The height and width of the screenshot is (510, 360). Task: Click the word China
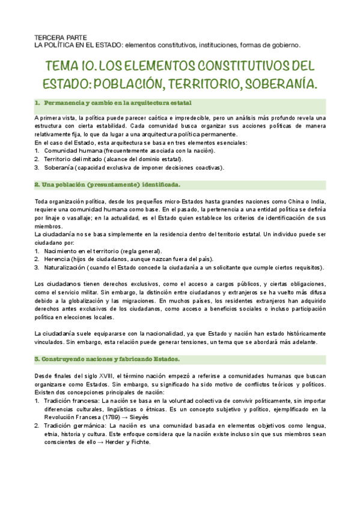pos(281,198)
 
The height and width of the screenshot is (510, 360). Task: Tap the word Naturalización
pos(66,267)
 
